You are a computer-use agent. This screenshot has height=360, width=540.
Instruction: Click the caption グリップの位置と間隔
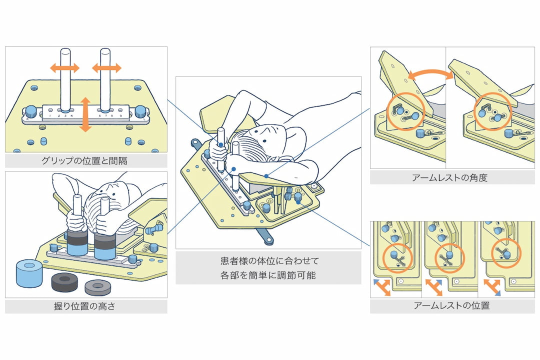click(86, 161)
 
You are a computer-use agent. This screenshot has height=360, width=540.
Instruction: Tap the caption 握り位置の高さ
click(86, 306)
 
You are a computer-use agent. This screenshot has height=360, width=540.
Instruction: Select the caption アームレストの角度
click(452, 177)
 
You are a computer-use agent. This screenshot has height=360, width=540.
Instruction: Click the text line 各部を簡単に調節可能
click(268, 275)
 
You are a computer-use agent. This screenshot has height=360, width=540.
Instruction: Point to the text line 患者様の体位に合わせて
click(268, 260)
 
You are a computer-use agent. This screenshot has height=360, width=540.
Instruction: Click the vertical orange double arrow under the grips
click(85, 114)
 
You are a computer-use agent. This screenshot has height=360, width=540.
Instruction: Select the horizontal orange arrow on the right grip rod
click(106, 68)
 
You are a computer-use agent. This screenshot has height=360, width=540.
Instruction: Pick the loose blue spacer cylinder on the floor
click(28, 272)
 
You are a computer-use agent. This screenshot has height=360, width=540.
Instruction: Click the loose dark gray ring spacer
click(65, 282)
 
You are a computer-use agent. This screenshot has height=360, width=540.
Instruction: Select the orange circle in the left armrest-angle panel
click(404, 109)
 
